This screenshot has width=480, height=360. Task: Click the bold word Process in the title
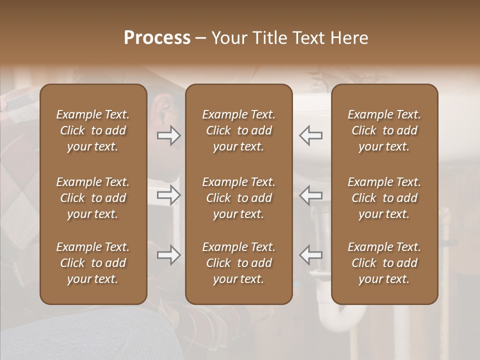(x=157, y=38)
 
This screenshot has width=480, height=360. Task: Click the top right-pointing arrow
(x=168, y=135)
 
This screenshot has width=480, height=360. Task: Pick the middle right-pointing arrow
(x=168, y=195)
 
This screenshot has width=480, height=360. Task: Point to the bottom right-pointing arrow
(x=168, y=255)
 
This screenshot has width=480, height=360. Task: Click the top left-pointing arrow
(x=310, y=135)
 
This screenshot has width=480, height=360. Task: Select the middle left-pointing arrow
(x=310, y=195)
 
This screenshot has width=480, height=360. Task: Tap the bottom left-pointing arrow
(x=310, y=255)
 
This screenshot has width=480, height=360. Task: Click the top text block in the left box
(x=93, y=130)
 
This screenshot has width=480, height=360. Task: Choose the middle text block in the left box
(x=93, y=198)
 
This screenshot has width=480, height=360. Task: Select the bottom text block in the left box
(x=93, y=263)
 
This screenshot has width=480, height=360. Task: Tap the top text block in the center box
(x=238, y=130)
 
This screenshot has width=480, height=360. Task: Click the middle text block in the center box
(x=238, y=198)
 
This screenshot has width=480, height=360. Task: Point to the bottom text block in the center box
(x=238, y=263)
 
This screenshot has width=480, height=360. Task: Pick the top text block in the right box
(x=384, y=130)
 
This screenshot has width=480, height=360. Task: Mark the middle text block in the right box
(x=384, y=198)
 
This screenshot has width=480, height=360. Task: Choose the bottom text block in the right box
(x=384, y=263)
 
